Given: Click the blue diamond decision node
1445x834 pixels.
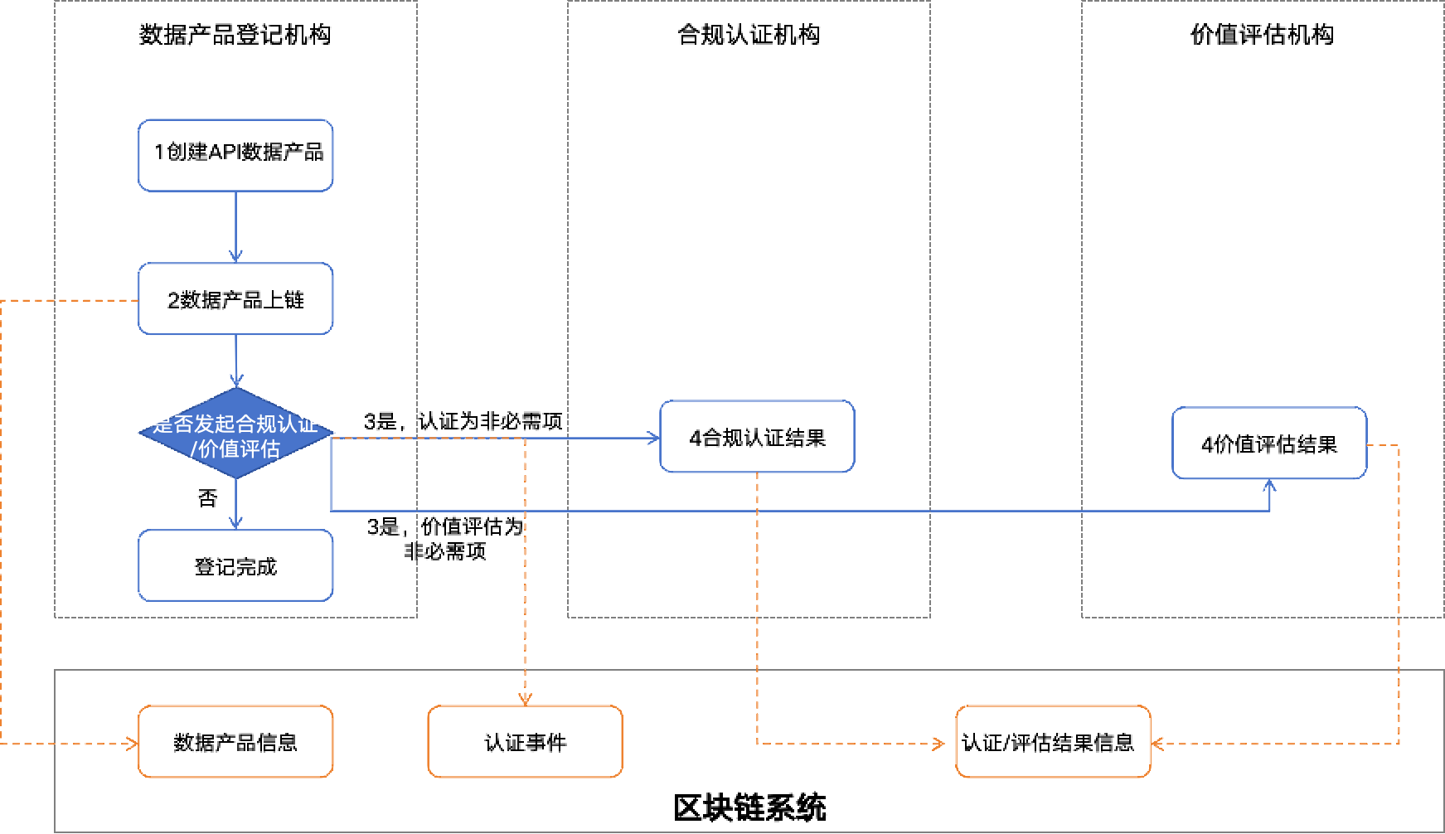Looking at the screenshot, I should point(236,465).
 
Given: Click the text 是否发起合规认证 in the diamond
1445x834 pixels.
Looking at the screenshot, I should point(235,424).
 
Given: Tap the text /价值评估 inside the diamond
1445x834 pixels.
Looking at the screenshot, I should point(235,449).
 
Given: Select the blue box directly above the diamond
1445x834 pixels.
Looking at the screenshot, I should point(235,298).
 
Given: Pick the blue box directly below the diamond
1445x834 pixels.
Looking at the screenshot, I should point(235,565).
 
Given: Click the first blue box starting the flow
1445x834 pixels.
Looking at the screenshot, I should point(235,155).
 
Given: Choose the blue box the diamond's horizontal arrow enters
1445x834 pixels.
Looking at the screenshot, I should point(757,436).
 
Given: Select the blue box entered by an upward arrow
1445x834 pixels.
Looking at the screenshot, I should point(1269,443).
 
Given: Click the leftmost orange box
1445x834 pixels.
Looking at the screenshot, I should point(235,741).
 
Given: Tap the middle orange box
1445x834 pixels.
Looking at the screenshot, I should point(525,741).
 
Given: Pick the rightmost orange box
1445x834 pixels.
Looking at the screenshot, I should point(1053,741).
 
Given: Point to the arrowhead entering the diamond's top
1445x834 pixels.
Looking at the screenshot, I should point(236,381).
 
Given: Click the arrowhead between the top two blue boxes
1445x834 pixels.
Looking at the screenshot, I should point(235,256).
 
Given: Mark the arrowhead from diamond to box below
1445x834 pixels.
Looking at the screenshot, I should point(235,523).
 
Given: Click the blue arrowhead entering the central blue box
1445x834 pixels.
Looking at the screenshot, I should point(653,438).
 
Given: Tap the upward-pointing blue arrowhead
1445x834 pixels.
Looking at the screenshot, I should point(1269,485).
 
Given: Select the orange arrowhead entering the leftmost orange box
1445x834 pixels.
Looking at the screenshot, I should point(132,744).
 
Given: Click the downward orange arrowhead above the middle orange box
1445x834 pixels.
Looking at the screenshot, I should point(525,699).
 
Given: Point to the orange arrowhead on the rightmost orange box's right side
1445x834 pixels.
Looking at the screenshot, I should point(1157,744).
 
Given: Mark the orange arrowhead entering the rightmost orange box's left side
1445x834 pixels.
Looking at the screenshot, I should point(939,744).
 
